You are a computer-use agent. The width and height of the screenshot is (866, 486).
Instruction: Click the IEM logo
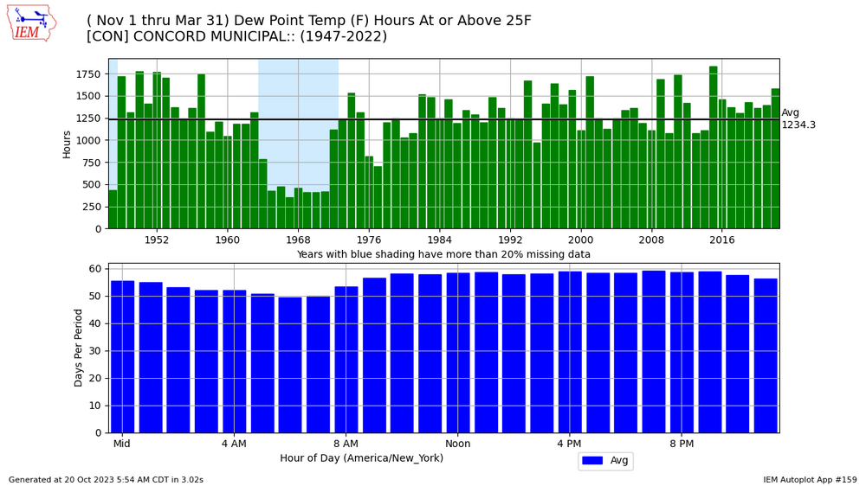tap(31, 22)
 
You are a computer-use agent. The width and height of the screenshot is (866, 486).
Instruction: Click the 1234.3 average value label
tap(798, 125)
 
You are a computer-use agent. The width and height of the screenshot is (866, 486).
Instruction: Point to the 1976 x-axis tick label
tap(369, 240)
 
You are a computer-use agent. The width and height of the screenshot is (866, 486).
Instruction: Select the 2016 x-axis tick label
tap(722, 240)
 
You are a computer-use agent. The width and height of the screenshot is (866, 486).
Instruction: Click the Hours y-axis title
tap(67, 144)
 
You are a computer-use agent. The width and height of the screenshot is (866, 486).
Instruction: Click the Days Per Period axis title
tap(79, 348)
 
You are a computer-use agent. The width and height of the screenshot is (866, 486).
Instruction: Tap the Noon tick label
tap(457, 444)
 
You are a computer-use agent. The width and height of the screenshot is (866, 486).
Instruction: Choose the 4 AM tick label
tap(234, 444)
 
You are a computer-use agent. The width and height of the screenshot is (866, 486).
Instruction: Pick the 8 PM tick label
tap(682, 444)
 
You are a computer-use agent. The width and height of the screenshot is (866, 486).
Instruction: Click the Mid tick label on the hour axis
tap(122, 444)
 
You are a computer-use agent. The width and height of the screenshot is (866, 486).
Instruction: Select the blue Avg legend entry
tap(605, 461)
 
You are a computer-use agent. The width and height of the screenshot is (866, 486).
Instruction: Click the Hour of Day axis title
tap(361, 458)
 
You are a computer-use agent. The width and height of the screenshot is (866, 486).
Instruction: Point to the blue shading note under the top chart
tap(443, 254)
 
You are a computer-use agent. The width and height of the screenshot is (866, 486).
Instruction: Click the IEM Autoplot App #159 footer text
tap(810, 480)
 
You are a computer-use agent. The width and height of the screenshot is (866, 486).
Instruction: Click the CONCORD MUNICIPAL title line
tap(236, 36)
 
